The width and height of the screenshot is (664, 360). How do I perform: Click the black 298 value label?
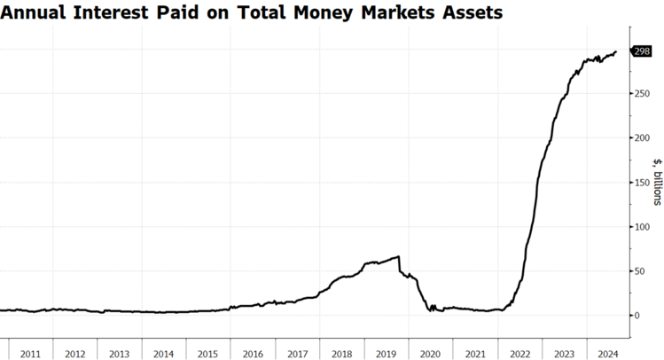(x=643, y=51)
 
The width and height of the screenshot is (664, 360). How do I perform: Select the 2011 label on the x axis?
(x=30, y=354)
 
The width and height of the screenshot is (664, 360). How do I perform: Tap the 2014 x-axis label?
(x=164, y=354)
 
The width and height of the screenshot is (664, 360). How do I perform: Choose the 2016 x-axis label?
(x=253, y=354)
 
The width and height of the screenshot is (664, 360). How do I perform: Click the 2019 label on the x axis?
(x=387, y=354)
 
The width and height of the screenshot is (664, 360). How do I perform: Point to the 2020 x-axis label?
(x=431, y=354)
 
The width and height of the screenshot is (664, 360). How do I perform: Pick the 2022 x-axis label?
(x=520, y=354)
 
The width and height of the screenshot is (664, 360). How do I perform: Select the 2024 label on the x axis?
(x=608, y=354)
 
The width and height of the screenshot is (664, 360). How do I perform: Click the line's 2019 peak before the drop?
(x=399, y=257)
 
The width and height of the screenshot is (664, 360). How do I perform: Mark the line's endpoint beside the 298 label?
(x=616, y=51)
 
